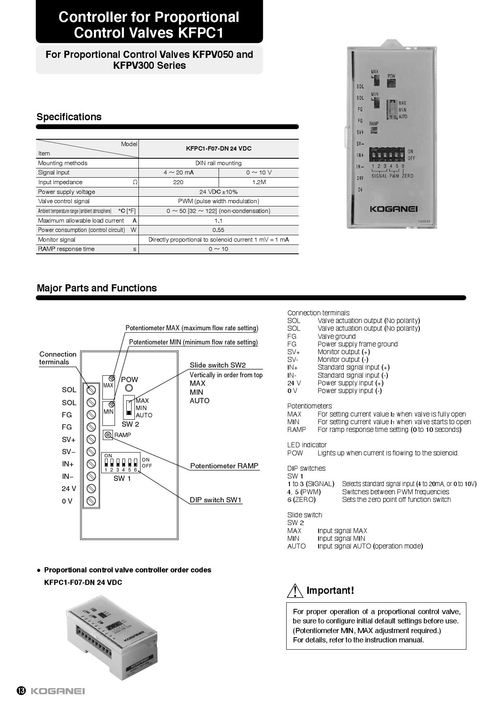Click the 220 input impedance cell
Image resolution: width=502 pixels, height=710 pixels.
pos(178,182)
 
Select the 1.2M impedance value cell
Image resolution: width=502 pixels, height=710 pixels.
pos(259,182)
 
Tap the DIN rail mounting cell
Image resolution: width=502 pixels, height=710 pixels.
pos(218,163)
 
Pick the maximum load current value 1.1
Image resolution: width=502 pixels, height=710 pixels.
pos(218,221)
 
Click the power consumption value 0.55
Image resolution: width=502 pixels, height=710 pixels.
pos(218,230)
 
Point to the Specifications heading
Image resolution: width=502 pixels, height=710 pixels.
pos(69,117)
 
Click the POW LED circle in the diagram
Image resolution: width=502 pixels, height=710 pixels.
pos(129,388)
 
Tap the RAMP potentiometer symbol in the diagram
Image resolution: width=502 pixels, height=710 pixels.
pos(108,435)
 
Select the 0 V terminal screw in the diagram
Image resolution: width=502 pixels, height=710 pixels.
pos(91,501)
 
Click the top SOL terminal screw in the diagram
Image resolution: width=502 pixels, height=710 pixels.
pos(91,390)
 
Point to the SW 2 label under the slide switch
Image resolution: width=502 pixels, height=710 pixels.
pos(130,424)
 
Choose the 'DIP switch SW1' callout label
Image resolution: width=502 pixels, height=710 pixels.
pos(215,500)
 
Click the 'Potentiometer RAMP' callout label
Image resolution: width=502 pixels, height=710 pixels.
pos(224,466)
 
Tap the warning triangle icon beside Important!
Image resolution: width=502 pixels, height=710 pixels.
pos(295,591)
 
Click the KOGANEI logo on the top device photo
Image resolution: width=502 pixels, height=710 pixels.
pos(394,209)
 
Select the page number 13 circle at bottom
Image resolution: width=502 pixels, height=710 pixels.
pos(21,691)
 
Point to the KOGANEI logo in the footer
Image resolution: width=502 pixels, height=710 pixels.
pos(58,691)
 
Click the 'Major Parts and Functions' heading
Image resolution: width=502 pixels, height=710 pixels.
pos(97,288)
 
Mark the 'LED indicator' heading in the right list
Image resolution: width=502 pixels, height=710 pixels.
pos(307,445)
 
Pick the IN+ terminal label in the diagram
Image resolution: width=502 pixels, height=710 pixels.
pos(68,464)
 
